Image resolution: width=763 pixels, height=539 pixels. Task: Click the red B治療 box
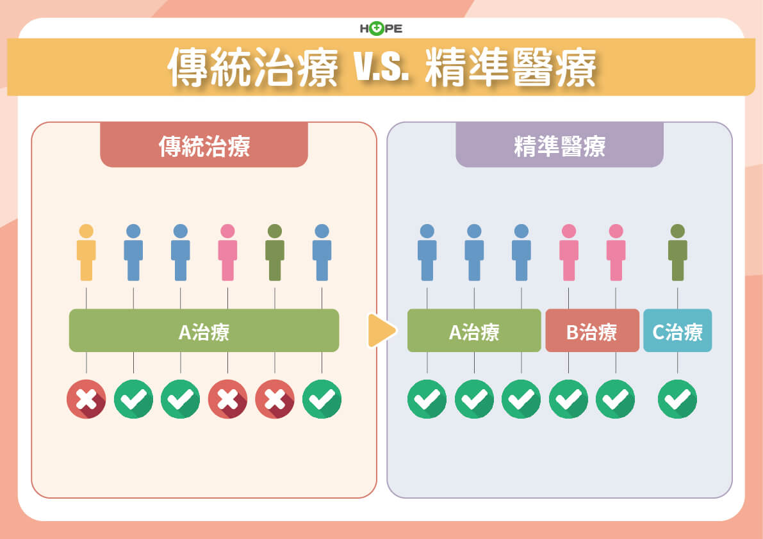(x=592, y=331)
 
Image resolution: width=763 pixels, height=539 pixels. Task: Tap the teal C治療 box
(x=677, y=331)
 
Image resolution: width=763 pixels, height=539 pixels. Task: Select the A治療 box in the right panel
(x=474, y=331)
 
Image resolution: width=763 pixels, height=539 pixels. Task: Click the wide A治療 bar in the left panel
(x=204, y=331)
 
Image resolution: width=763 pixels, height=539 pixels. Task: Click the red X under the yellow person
(x=86, y=399)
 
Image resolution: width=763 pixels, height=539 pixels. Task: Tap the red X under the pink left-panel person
(x=227, y=399)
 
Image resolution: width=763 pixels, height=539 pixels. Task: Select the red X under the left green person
(x=275, y=399)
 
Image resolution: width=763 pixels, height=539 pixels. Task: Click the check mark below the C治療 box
(x=677, y=399)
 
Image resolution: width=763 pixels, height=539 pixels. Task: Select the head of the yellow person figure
(x=86, y=231)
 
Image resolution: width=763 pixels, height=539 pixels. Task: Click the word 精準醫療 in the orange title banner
(x=510, y=67)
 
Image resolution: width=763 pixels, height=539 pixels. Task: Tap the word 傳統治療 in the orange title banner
(x=253, y=67)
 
